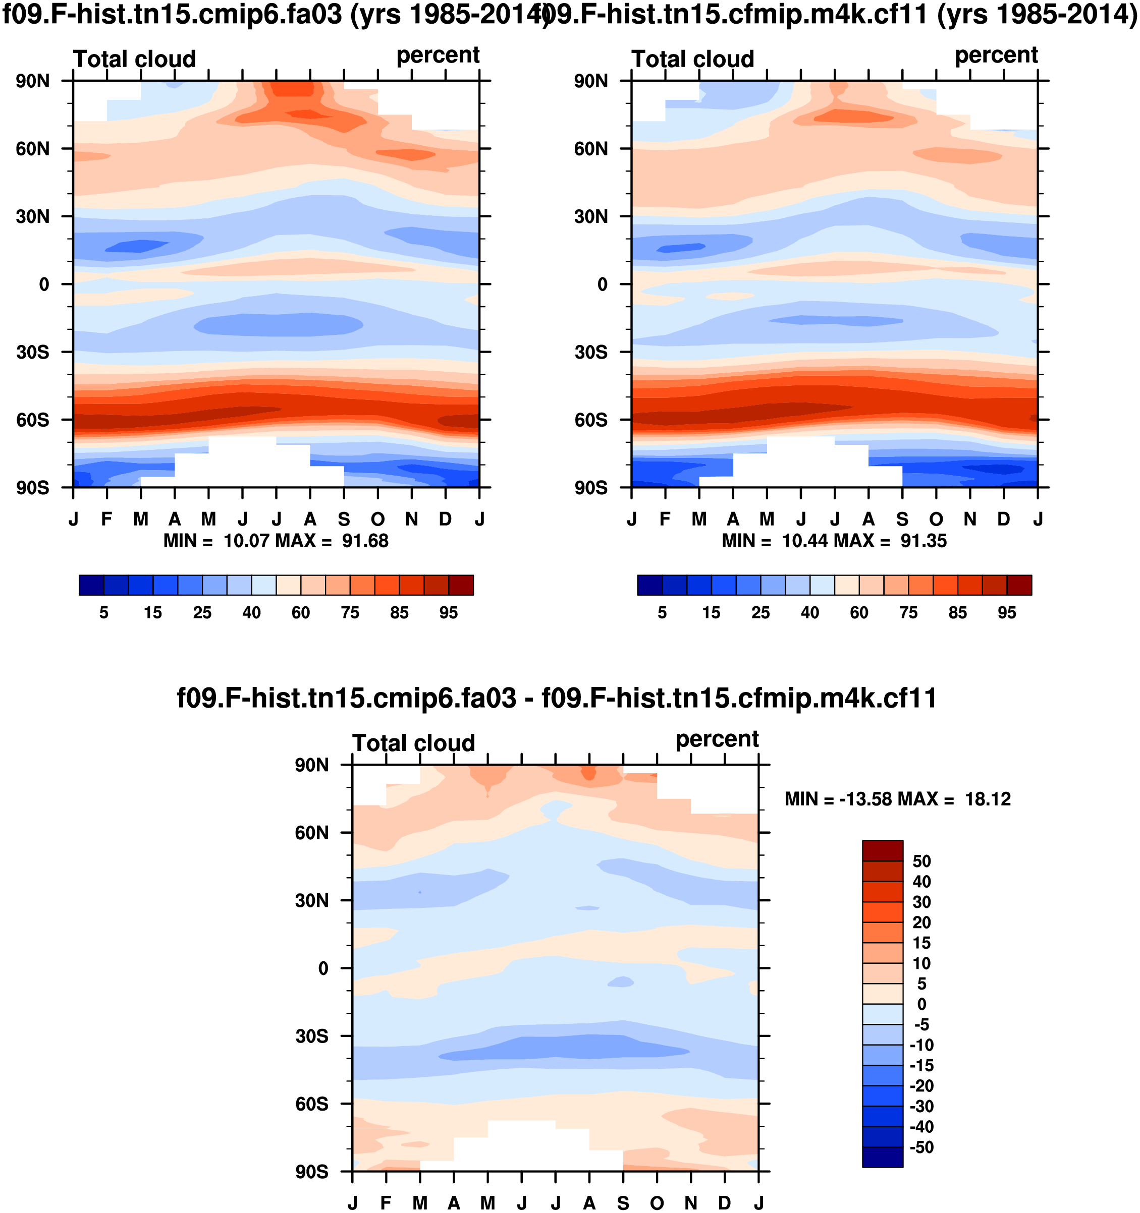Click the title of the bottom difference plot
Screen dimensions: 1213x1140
point(557,698)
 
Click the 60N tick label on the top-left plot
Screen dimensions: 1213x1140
point(33,149)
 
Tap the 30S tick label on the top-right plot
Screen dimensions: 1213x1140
point(590,353)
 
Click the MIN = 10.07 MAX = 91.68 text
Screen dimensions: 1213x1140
point(276,541)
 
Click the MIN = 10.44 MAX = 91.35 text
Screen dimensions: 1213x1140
point(834,541)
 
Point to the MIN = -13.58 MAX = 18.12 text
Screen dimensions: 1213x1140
point(898,799)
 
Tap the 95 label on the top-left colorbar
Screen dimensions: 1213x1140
point(448,613)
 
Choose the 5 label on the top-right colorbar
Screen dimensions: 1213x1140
point(662,613)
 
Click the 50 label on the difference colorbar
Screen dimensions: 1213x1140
point(921,861)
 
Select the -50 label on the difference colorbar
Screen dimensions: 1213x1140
point(921,1147)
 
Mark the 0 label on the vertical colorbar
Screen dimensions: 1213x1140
point(921,1004)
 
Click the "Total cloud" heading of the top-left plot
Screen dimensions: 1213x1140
point(134,59)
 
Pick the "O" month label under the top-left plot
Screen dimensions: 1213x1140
point(378,519)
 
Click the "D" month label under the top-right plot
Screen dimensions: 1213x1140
point(1003,519)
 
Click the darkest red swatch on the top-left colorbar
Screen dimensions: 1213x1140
point(461,585)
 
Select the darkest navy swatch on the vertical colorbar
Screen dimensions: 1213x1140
point(882,1158)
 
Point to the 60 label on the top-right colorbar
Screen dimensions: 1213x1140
point(858,613)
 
